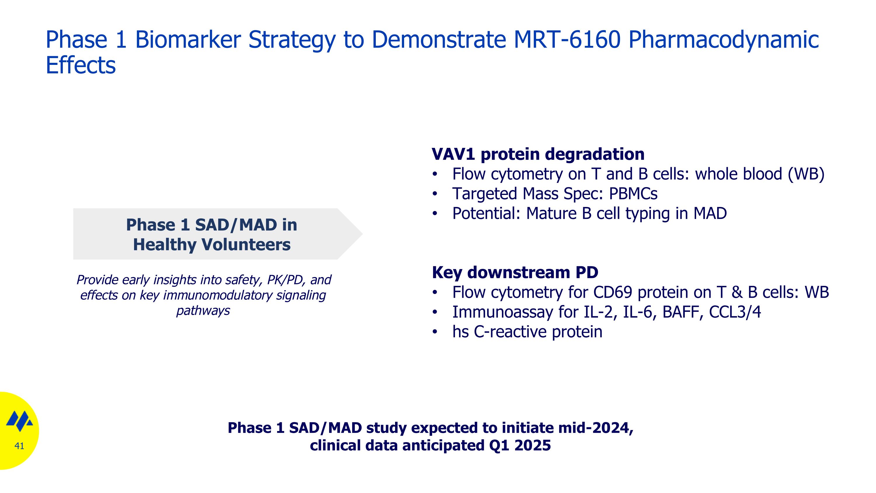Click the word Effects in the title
click(81, 65)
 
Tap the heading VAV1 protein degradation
click(538, 154)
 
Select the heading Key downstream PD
click(515, 272)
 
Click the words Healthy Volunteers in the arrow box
click(211, 245)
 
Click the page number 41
click(19, 446)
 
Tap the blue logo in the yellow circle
click(19, 421)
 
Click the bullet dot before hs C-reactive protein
click(434, 332)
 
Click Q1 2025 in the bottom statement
click(520, 445)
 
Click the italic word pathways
click(203, 311)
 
